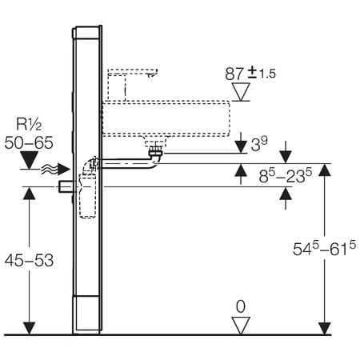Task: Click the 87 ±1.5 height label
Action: [250, 74]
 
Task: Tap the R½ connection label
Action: [29, 124]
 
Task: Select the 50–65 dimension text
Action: [29, 142]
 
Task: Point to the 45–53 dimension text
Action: [29, 260]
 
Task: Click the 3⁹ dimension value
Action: [259, 144]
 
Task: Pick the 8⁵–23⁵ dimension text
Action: [286, 176]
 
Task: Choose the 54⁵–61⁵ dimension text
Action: [324, 249]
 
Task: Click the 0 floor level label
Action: [241, 306]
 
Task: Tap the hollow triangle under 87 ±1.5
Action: [241, 91]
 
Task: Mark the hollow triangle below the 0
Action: [241, 325]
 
